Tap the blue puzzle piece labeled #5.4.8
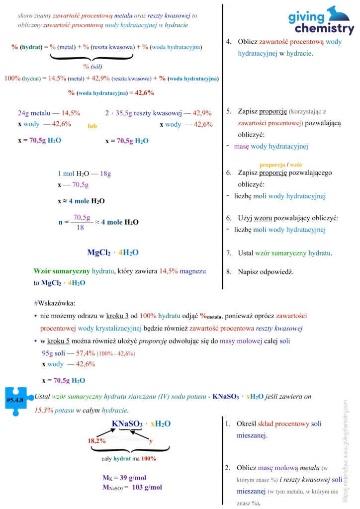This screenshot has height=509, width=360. [15, 399]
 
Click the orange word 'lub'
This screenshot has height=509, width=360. [92, 126]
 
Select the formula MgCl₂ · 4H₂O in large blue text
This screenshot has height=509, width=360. [113, 253]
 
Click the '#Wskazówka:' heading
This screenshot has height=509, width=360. [55, 303]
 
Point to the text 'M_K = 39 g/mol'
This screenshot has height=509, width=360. [124, 478]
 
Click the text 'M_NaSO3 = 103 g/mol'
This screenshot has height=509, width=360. [132, 487]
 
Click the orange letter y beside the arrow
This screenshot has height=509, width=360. [151, 440]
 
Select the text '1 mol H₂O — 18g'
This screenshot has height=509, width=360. [84, 174]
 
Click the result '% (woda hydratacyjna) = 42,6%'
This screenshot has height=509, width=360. [111, 92]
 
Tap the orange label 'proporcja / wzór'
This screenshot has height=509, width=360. [281, 165]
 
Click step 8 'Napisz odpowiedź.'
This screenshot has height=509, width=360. [266, 272]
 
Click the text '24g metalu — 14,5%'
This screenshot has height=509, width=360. [49, 113]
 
